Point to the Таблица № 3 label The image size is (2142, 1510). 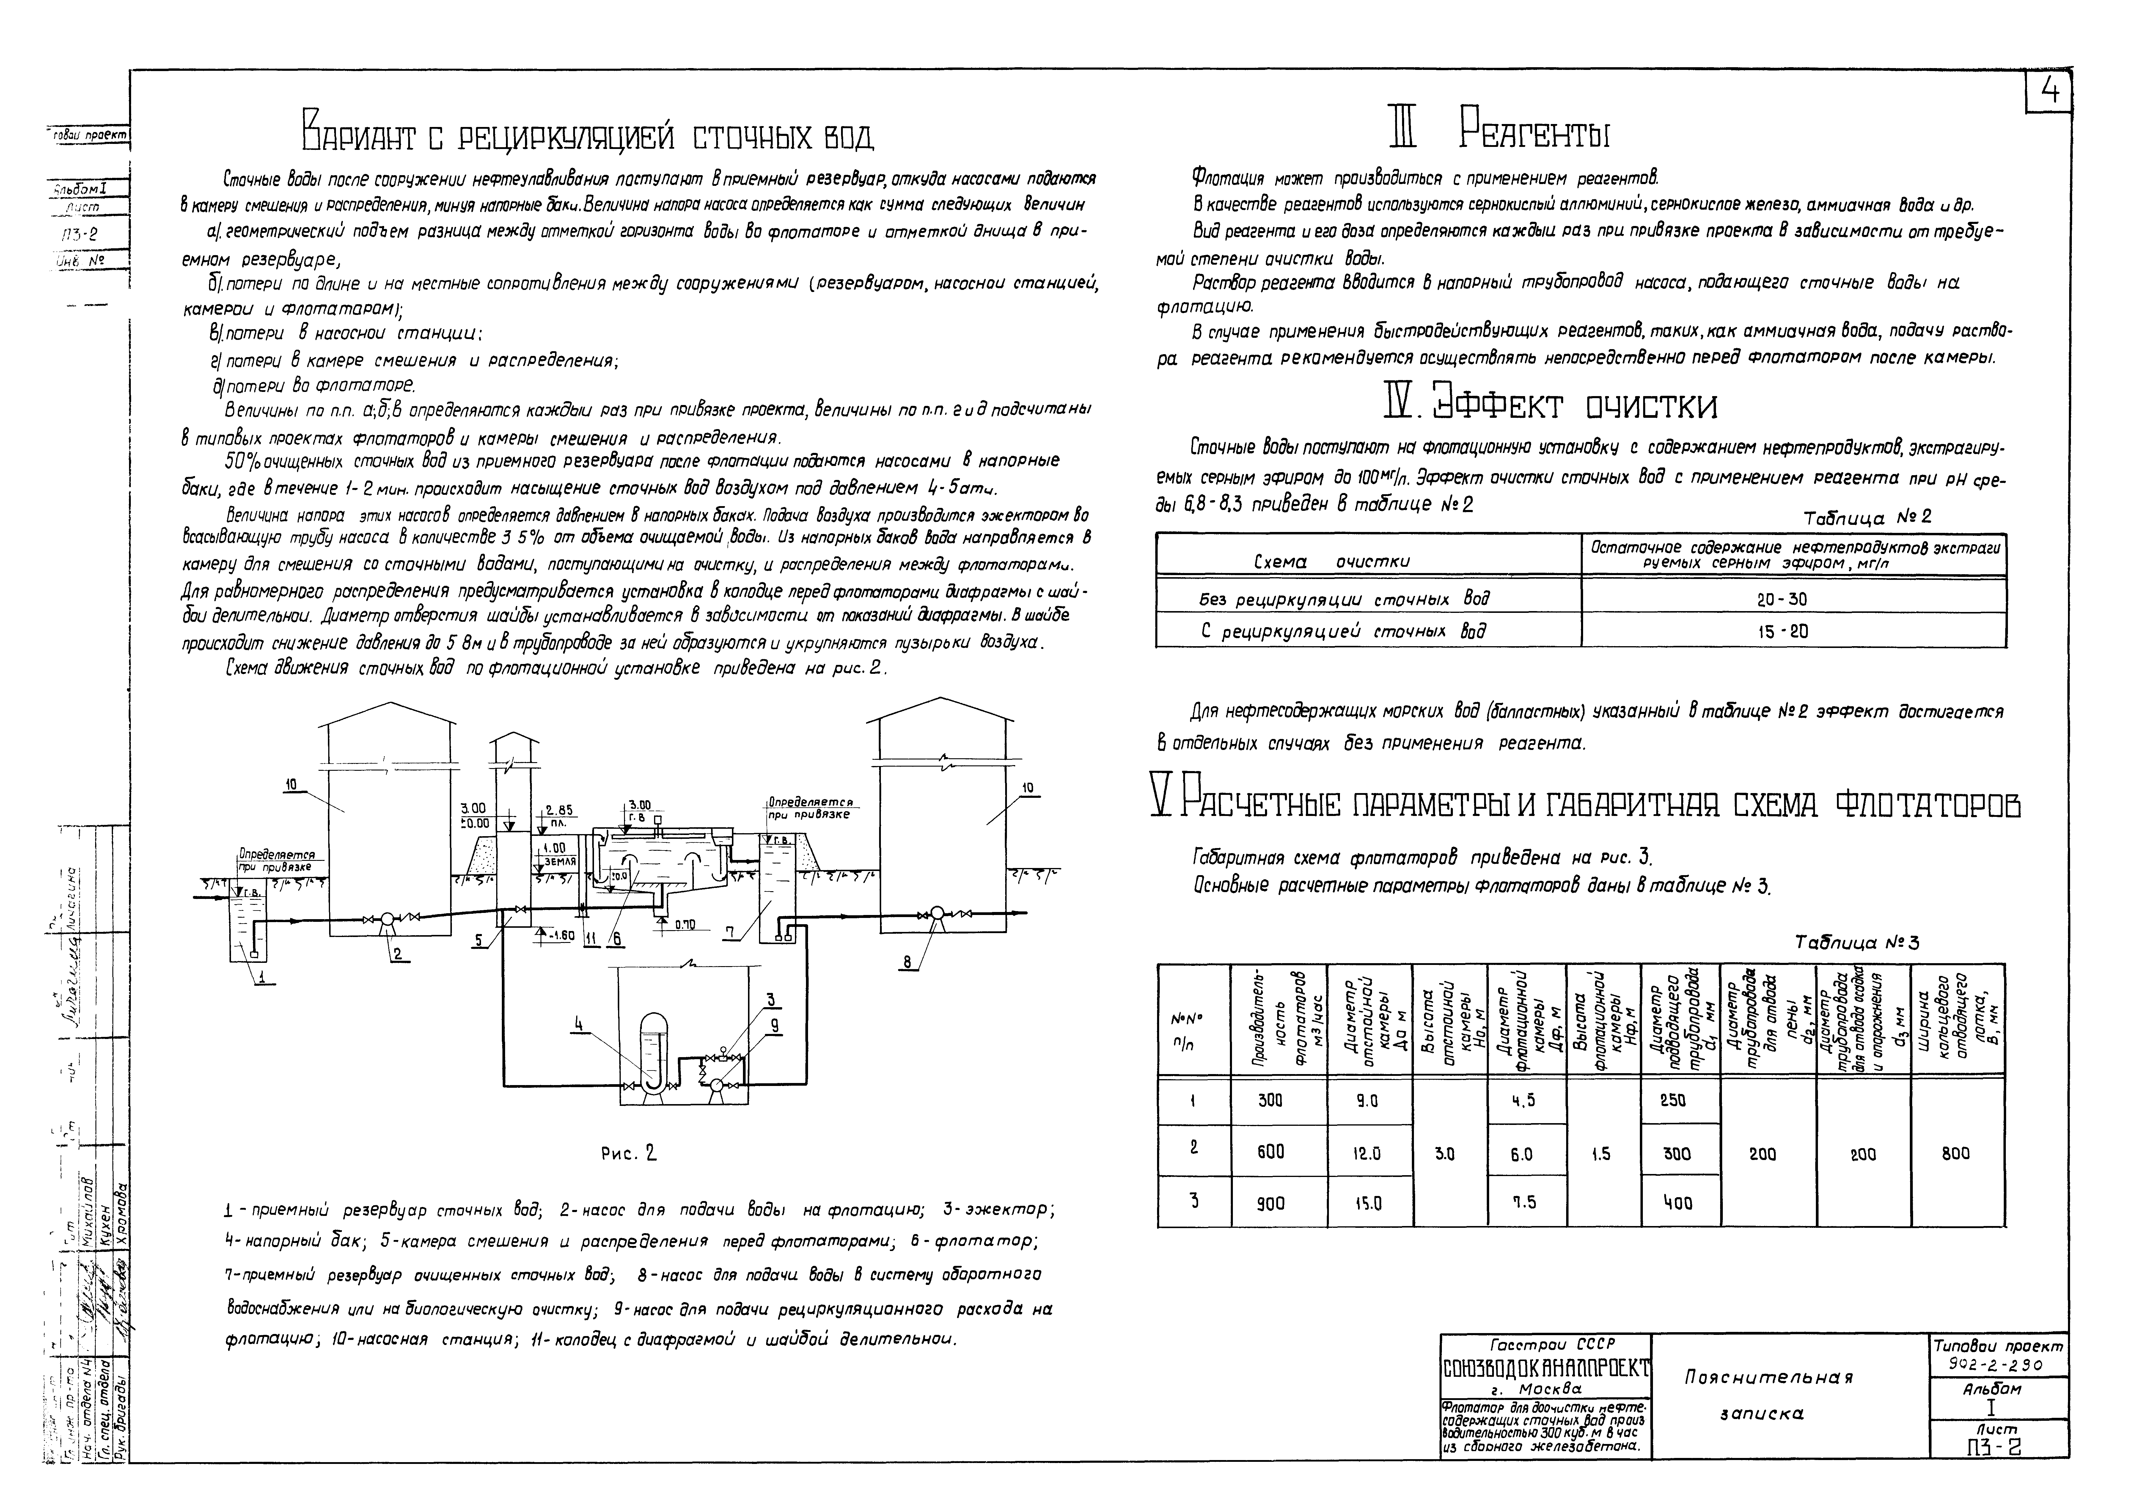[1857, 943]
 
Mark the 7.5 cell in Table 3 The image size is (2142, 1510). [1522, 1203]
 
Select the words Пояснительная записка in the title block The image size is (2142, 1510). [1768, 1394]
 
